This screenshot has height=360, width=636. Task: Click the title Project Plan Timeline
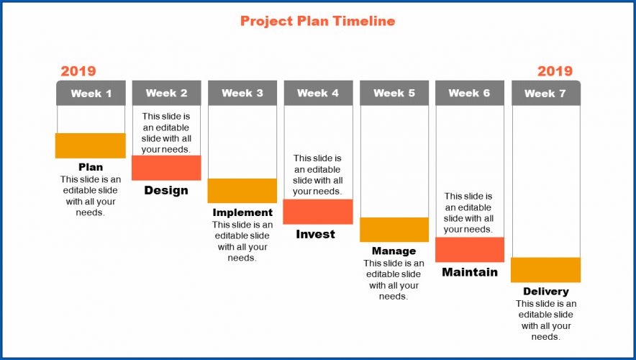tap(317, 21)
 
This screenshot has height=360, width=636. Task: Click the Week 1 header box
tap(91, 93)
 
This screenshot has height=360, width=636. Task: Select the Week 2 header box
tap(166, 93)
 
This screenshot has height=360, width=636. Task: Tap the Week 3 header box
tap(242, 93)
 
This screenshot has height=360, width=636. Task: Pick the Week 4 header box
tap(318, 93)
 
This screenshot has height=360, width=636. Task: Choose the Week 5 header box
tap(394, 93)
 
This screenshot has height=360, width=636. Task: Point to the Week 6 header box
tap(469, 93)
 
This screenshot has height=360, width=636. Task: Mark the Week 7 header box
tap(545, 93)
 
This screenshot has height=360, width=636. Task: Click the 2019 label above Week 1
tap(78, 71)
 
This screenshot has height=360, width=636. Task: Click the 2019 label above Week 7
tap(555, 71)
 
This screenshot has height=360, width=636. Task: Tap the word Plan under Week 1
tap(91, 167)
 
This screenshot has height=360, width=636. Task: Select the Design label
tap(166, 190)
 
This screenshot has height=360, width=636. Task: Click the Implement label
tap(242, 212)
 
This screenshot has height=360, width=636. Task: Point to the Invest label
tap(316, 234)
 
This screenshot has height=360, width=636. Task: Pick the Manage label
tap(394, 251)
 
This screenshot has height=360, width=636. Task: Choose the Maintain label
tap(470, 272)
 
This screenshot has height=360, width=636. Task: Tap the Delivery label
tap(546, 292)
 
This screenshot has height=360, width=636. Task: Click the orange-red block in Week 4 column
tap(318, 212)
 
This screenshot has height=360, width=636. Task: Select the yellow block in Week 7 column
tap(545, 269)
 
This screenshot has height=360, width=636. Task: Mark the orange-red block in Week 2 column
tap(166, 168)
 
